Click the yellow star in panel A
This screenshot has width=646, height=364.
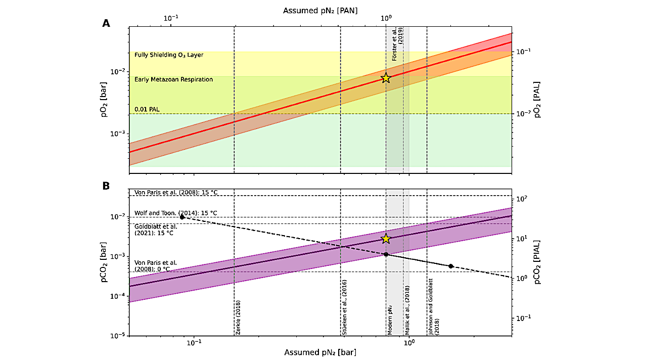pyautogui.click(x=386, y=78)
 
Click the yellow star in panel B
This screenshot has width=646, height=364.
pyautogui.click(x=386, y=239)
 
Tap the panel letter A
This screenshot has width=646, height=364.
pyautogui.click(x=106, y=23)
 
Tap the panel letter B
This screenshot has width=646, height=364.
pyautogui.click(x=106, y=186)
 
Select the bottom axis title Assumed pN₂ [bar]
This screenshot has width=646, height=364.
pyautogui.click(x=320, y=352)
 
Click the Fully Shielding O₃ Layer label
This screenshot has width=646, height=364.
pyautogui.click(x=169, y=55)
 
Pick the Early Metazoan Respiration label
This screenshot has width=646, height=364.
pyautogui.click(x=173, y=79)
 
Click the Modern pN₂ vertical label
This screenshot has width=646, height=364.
pyautogui.click(x=390, y=318)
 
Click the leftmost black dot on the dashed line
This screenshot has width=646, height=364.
pyautogui.click(x=182, y=217)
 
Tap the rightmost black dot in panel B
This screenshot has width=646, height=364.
pyautogui.click(x=451, y=266)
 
